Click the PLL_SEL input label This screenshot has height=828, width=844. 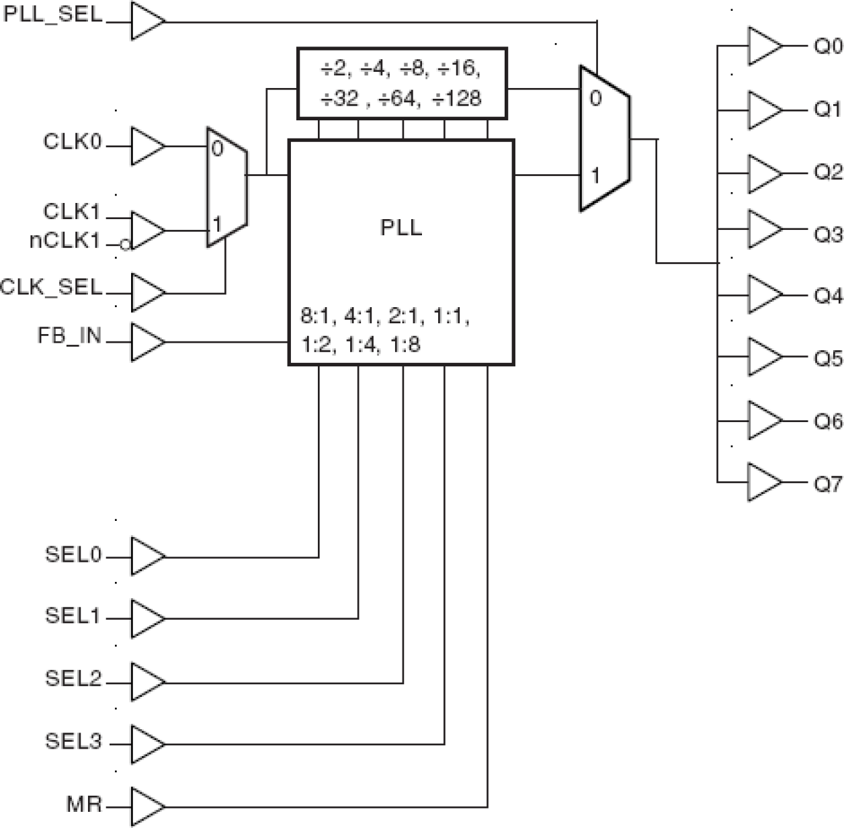[x=53, y=15]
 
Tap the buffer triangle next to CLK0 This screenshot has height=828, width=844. [x=146, y=146]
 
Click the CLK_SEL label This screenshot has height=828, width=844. [x=52, y=288]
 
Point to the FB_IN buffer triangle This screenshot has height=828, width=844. [x=146, y=342]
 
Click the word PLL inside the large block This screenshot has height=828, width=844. [x=401, y=228]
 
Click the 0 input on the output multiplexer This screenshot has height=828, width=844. [x=595, y=99]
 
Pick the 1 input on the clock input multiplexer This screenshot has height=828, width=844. [x=217, y=222]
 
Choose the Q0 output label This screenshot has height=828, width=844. [x=828, y=46]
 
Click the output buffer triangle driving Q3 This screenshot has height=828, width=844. [x=763, y=229]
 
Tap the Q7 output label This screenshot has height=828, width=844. [x=828, y=483]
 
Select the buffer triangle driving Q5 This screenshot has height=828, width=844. [x=763, y=357]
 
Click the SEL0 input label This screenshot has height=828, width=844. [x=73, y=554]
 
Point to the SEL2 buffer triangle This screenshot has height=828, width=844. [x=146, y=681]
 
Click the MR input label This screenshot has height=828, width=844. [x=84, y=804]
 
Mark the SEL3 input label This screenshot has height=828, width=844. [x=73, y=741]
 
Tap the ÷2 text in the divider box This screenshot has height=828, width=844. [x=334, y=69]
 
